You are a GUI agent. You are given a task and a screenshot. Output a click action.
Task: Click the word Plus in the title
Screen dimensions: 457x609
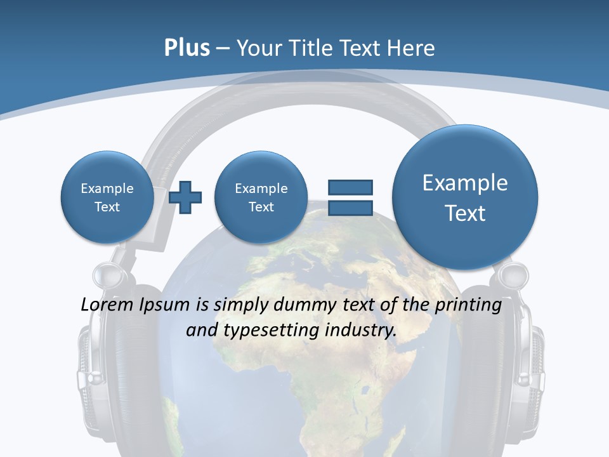(187, 48)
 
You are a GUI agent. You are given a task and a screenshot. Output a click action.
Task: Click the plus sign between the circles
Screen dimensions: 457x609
(185, 197)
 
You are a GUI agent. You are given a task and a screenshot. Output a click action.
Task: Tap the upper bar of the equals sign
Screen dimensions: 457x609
(350, 187)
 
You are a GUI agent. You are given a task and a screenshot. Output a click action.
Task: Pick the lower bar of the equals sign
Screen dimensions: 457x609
(350, 208)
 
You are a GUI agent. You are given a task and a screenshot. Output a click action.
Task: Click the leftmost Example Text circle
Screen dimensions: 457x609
(107, 197)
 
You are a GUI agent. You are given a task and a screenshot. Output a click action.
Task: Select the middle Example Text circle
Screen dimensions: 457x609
(261, 197)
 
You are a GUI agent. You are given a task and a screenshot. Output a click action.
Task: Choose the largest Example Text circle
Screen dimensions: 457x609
(465, 197)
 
